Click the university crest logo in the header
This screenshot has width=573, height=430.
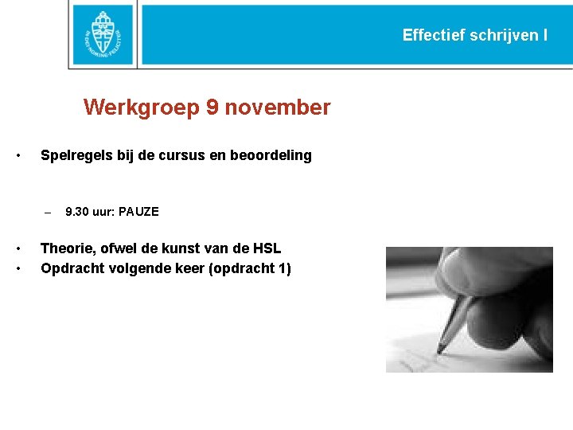pyautogui.click(x=103, y=35)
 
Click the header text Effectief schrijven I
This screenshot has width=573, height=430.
pyautogui.click(x=474, y=35)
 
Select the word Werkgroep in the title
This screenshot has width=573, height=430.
pyautogui.click(x=141, y=107)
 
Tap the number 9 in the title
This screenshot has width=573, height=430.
pyautogui.click(x=212, y=107)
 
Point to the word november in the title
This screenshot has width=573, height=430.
pyautogui.click(x=278, y=107)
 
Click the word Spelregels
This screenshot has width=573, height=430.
pyautogui.click(x=77, y=155)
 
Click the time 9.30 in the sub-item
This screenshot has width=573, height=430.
pyautogui.click(x=77, y=212)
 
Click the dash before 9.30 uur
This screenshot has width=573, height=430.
pyautogui.click(x=48, y=213)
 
